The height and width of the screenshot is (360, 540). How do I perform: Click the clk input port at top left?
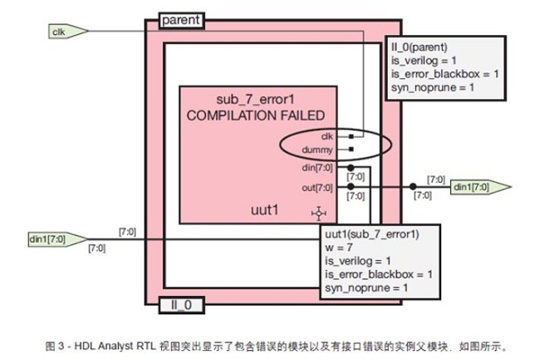pos(68,32)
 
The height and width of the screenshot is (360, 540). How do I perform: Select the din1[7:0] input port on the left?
pos(57,239)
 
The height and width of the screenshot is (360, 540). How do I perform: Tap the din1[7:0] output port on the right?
pos(481,187)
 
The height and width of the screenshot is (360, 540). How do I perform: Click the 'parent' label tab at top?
pos(181,20)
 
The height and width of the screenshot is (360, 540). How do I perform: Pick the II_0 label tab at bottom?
pos(181,305)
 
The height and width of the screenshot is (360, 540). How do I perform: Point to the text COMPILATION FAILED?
pos(256,116)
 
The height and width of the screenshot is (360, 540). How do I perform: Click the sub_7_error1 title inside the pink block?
pos(256,99)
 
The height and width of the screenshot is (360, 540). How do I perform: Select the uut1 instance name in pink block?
pos(264,210)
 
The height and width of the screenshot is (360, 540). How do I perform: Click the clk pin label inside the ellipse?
pos(326,136)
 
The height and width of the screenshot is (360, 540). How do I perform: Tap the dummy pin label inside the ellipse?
pos(317,150)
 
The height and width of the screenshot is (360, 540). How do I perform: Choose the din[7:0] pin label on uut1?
pos(317,168)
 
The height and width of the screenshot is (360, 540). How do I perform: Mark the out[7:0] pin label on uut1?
pos(317,188)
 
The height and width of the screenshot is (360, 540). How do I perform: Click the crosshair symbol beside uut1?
pos(319,214)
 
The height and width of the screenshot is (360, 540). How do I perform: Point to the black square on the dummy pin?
pos(351,149)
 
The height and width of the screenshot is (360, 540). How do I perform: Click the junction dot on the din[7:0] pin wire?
pos(351,168)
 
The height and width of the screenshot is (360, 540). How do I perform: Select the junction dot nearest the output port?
pos(413,187)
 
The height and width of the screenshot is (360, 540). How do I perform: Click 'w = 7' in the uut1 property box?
pos(338,248)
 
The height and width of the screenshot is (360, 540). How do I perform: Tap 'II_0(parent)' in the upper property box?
pos(419,47)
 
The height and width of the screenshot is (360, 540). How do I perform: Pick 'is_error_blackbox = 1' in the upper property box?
pos(444,74)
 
